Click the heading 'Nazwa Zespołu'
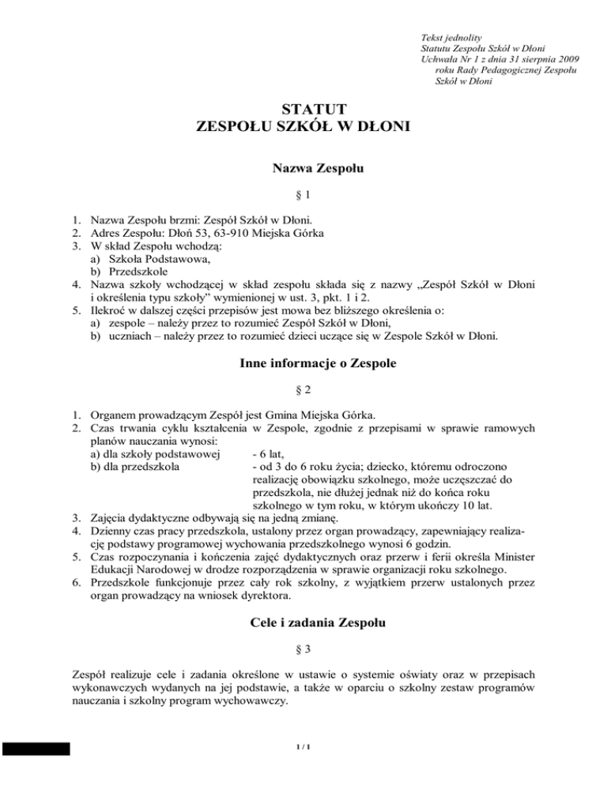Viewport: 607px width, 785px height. (303, 167)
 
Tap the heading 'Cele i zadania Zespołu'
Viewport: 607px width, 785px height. (303, 624)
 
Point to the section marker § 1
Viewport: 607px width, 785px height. (303, 193)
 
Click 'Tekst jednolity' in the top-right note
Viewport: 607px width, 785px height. (452, 36)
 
